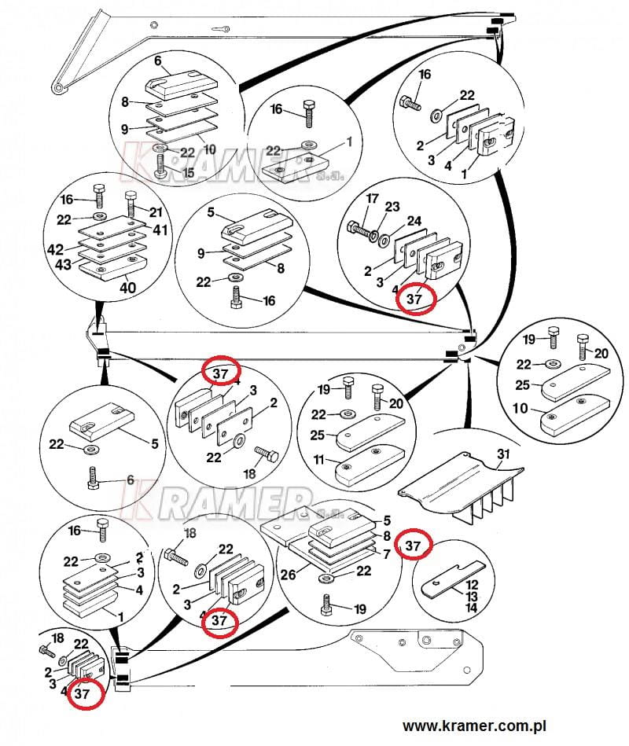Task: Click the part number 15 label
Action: pos(187,171)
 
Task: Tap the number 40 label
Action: pos(127,288)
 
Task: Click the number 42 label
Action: pos(55,249)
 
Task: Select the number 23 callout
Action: pos(392,207)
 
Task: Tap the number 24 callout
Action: pos(414,220)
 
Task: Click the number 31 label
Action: pos(503,454)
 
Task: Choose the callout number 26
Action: pos(288,575)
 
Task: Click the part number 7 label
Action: pos(385,555)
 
